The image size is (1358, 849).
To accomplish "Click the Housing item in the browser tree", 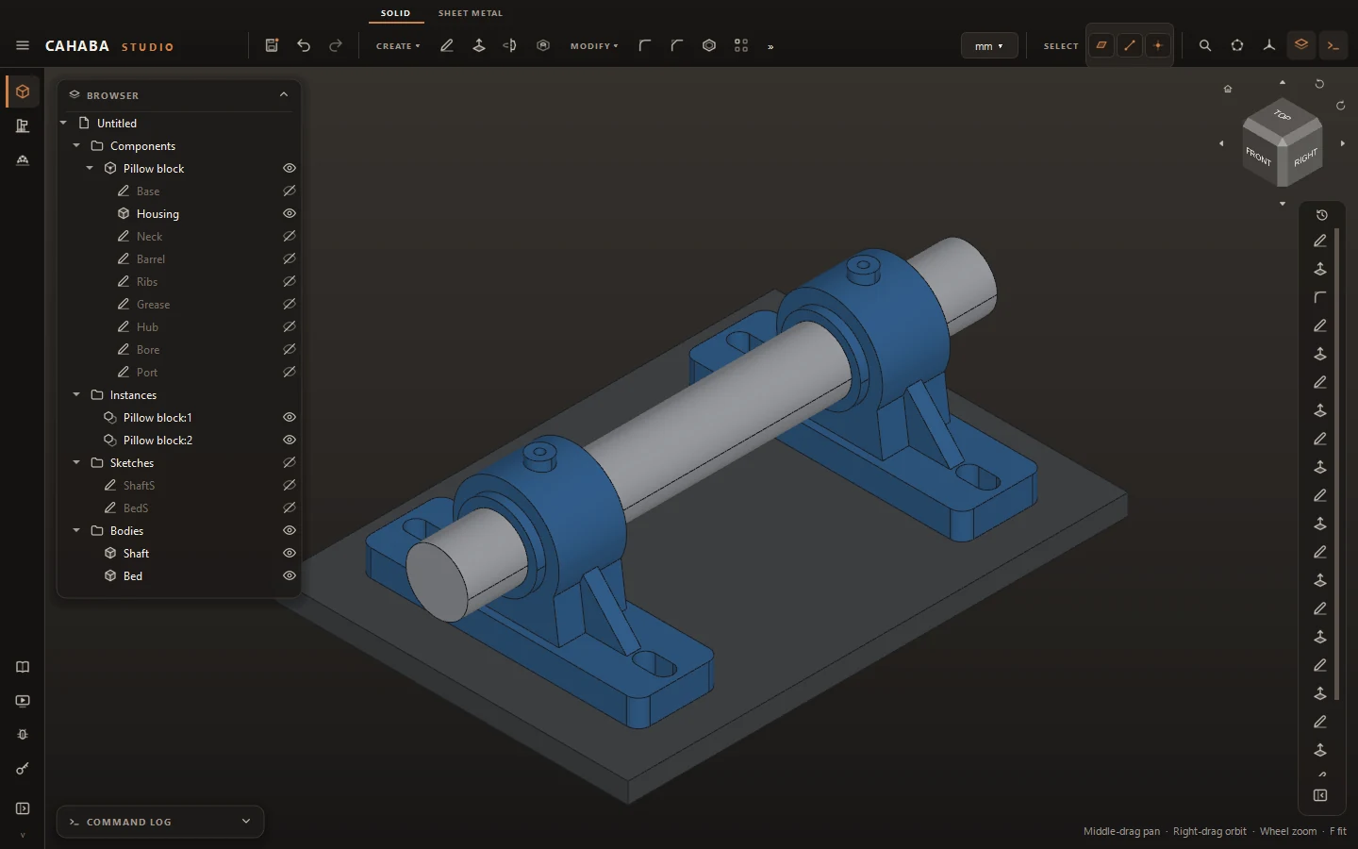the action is pos(157,213).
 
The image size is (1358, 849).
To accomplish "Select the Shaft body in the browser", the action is pos(135,553).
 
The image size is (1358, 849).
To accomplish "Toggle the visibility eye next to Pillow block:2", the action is pos(290,440).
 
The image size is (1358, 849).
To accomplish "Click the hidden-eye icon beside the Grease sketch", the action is pos(290,304).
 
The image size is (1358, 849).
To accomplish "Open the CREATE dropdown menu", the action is pos(398,46).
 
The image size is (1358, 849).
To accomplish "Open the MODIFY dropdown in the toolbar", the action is pos(593,46).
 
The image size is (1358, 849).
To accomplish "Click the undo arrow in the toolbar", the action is pos(304,45).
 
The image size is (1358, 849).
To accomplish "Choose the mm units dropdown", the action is pos(988,46).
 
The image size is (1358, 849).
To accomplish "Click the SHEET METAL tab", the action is pos(471,13).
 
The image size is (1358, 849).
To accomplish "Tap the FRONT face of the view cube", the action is pos(1259,158).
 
